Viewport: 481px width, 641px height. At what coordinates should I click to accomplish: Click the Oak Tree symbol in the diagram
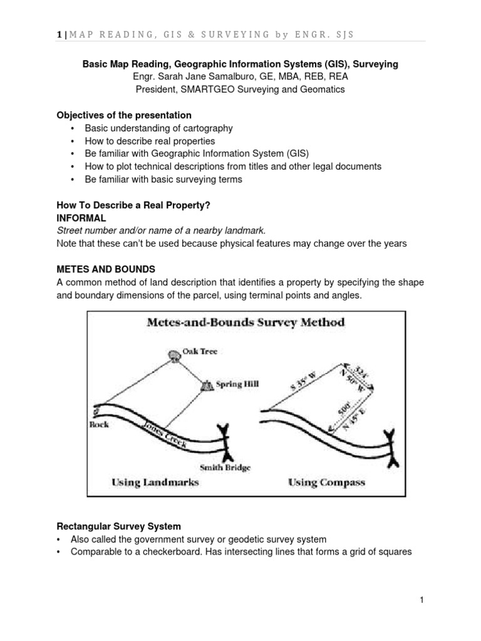173,354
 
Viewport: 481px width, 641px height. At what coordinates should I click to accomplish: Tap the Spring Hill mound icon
205,387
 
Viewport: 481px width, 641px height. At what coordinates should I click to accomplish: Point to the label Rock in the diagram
100,424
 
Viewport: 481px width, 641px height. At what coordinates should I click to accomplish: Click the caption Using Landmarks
155,482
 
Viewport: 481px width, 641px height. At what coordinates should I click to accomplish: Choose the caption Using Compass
326,482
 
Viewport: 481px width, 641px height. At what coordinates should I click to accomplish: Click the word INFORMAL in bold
81,218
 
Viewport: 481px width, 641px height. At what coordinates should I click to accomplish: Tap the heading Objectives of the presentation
124,116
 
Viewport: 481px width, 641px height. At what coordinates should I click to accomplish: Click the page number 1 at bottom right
422,600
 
